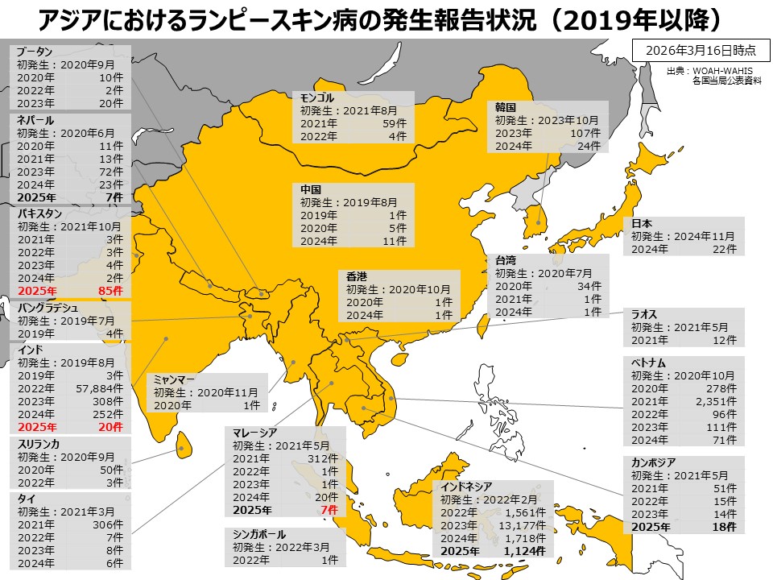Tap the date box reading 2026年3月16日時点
point(697,50)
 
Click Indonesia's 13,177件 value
point(527,525)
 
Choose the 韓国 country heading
point(505,106)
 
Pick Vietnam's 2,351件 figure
point(716,401)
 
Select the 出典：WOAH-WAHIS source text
point(709,71)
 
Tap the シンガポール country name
point(259,533)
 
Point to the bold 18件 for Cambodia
point(724,527)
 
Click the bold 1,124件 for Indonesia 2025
point(525,551)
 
